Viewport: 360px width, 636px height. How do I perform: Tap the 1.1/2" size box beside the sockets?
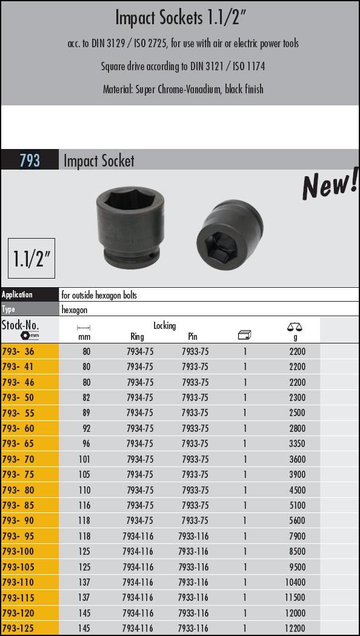(32, 259)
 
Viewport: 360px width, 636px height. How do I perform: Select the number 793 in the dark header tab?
(30, 161)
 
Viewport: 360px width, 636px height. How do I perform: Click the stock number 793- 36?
(18, 351)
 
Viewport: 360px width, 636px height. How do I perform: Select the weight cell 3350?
(297, 444)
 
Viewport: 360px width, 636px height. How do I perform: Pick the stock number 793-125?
(18, 628)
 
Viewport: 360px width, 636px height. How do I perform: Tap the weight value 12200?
(295, 628)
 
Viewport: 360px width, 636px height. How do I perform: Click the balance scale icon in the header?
(295, 327)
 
